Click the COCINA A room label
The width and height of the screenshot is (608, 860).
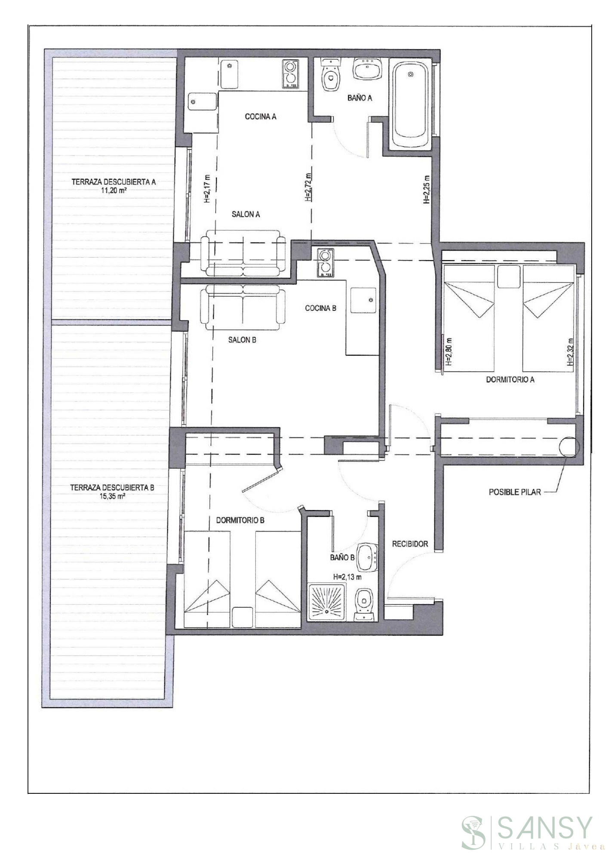[260, 117]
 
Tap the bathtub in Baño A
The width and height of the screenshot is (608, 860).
[410, 104]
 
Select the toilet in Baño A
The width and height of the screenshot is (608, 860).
[331, 76]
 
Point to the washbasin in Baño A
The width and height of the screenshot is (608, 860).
[367, 68]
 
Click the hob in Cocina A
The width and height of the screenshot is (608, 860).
[290, 74]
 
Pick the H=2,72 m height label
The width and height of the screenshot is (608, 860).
[307, 187]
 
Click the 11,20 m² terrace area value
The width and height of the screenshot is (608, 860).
[114, 190]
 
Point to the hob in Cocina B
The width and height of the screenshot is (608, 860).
[325, 263]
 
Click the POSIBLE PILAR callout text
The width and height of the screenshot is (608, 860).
[515, 492]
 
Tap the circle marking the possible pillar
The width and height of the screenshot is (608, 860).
[568, 447]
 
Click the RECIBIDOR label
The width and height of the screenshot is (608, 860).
[410, 544]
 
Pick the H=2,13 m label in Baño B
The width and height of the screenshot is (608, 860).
[347, 577]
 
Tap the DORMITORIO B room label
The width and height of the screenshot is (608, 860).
[240, 520]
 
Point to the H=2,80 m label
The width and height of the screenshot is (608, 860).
[449, 350]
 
